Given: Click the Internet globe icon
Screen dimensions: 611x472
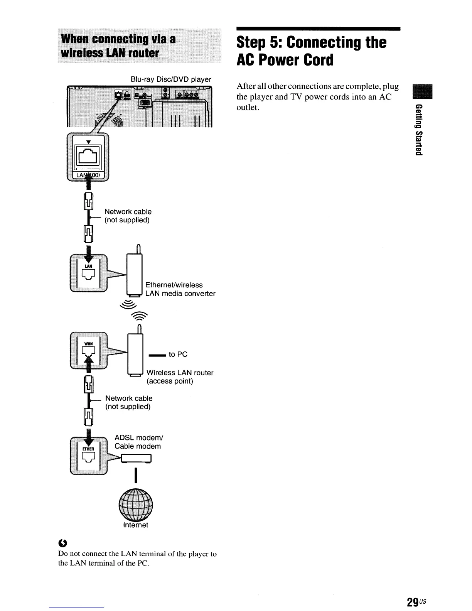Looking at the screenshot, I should pyautogui.click(x=136, y=504).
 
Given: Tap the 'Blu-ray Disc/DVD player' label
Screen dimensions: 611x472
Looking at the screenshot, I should pyautogui.click(x=171, y=79).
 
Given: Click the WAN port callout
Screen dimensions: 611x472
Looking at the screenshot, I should pyautogui.click(x=89, y=350).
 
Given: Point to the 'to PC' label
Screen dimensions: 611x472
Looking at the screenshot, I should pyautogui.click(x=178, y=354).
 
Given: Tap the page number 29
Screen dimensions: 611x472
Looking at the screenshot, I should pyautogui.click(x=413, y=602).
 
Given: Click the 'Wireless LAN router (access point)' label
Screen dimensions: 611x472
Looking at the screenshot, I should pyautogui.click(x=179, y=377).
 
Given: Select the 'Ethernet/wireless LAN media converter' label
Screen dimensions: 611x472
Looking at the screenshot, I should pyautogui.click(x=180, y=289).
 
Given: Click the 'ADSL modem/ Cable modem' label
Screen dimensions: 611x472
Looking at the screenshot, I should pyautogui.click(x=138, y=442).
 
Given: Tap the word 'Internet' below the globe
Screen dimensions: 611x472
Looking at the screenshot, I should pyautogui.click(x=135, y=525).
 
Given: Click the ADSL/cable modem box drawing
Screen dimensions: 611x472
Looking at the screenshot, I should pyautogui.click(x=136, y=459).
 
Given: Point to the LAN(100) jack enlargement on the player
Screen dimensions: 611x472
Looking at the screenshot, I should pyautogui.click(x=88, y=156).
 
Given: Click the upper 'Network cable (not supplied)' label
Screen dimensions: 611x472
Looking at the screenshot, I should pyautogui.click(x=128, y=216).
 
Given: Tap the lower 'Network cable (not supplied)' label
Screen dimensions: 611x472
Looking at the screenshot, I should pyautogui.click(x=128, y=402).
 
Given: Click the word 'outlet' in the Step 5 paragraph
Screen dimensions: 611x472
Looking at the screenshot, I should pyautogui.click(x=247, y=107).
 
